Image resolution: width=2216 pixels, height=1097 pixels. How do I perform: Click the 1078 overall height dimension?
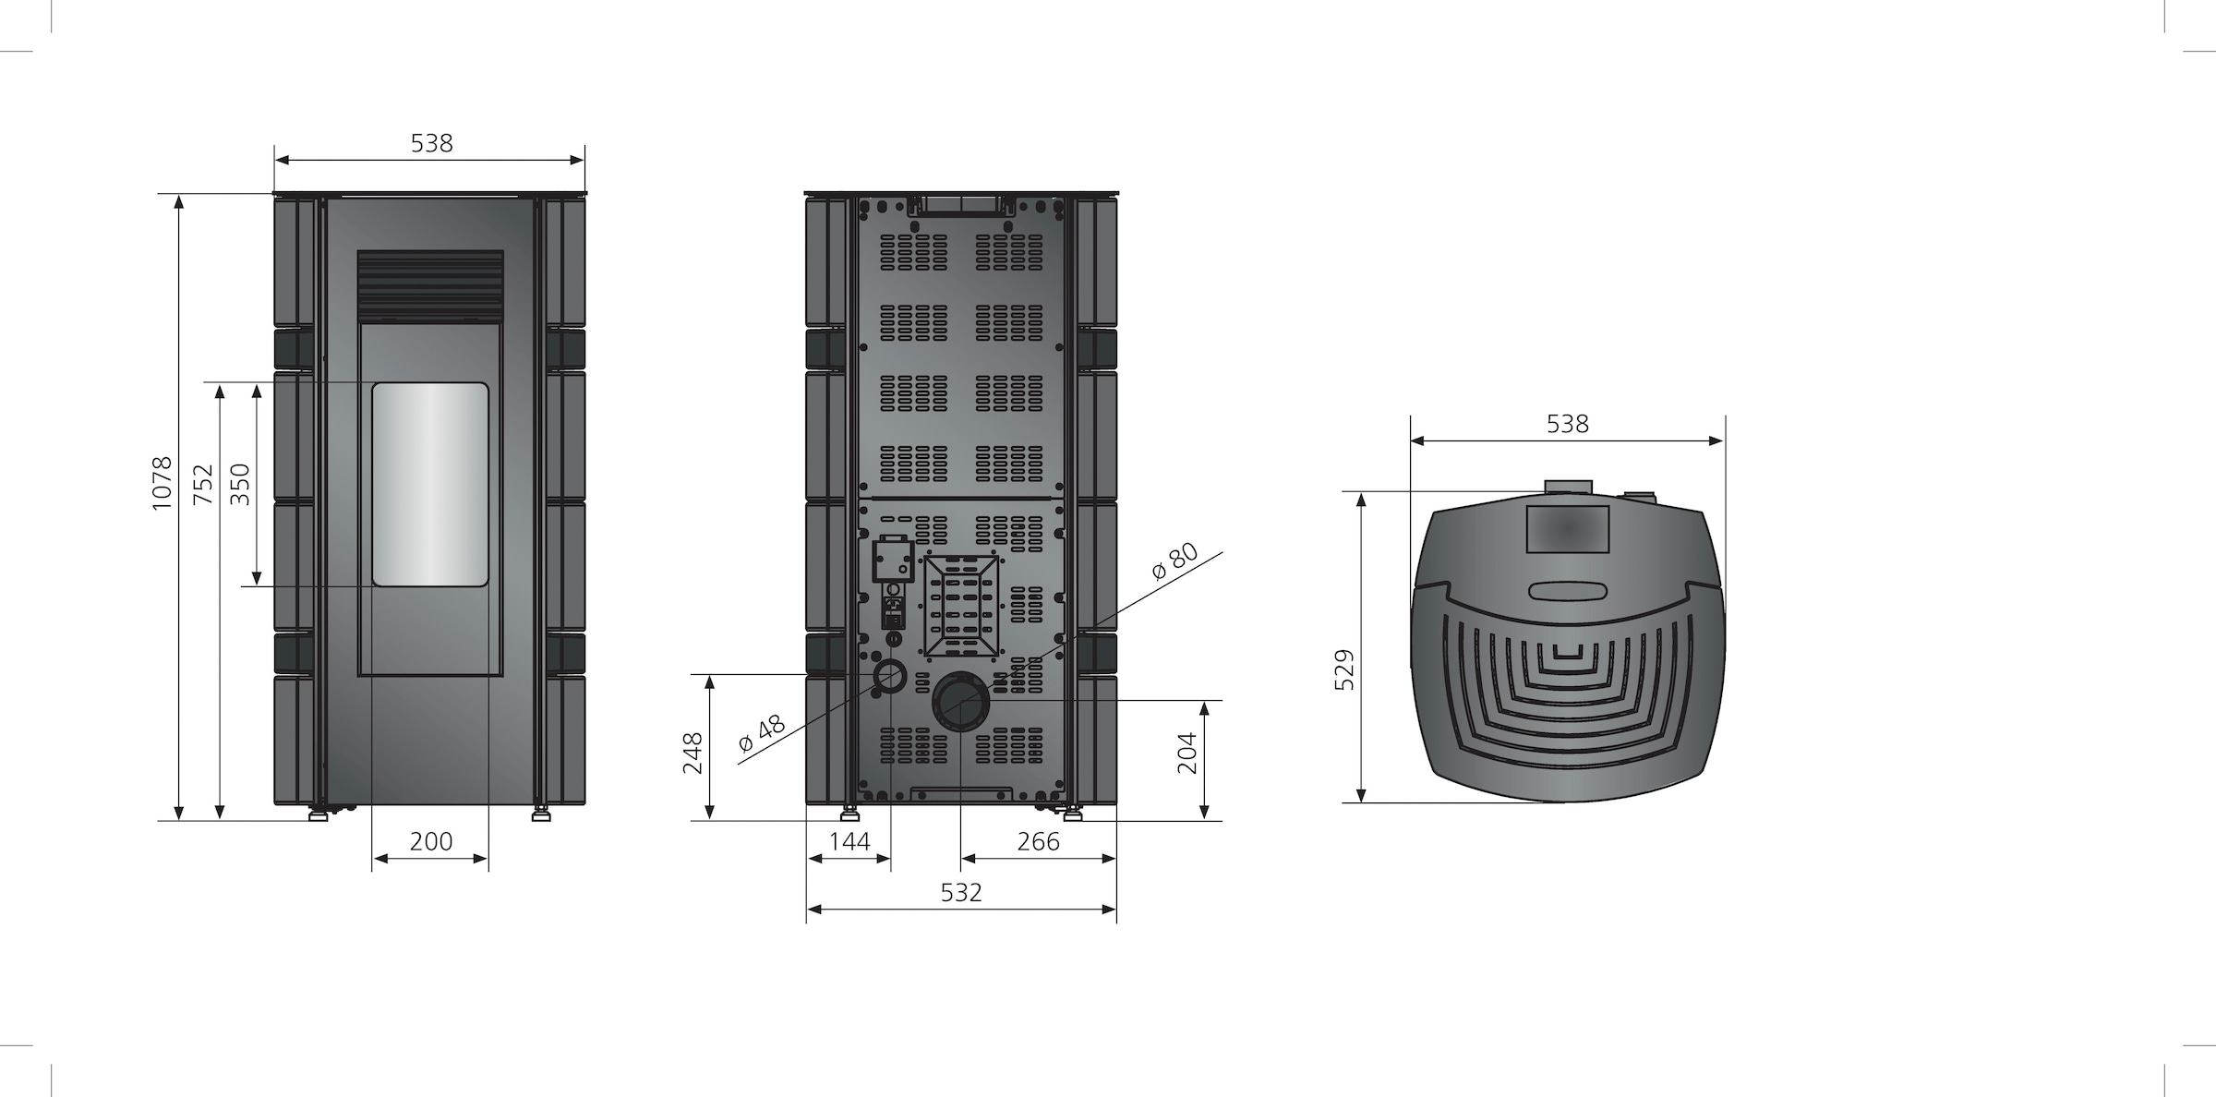coord(162,482)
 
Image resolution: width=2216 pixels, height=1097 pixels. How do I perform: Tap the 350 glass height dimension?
coord(239,484)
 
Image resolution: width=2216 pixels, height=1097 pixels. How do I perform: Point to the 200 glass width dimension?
coord(431,841)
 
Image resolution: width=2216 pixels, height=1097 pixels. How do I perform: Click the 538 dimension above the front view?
coord(431,143)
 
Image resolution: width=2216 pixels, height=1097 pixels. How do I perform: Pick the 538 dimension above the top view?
coord(1568,424)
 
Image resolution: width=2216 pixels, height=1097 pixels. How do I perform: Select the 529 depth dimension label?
coord(1344,669)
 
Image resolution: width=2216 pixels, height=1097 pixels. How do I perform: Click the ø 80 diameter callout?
coord(1175,561)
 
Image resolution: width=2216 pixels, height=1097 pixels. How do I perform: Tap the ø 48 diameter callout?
coord(762,733)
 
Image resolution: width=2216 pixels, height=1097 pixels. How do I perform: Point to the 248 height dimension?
coord(692,753)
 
